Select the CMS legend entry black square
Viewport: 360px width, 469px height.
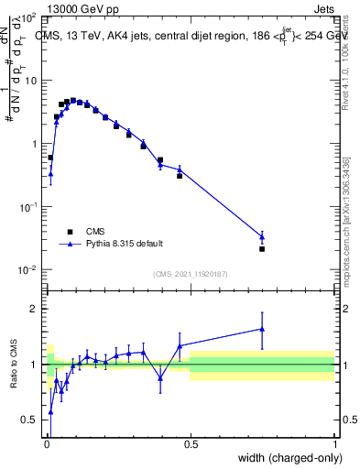[x=69, y=232]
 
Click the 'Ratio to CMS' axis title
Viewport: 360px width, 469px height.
[x=15, y=365]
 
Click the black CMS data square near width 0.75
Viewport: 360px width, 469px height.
[x=262, y=248]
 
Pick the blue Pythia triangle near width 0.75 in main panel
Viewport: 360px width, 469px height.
[x=262, y=236]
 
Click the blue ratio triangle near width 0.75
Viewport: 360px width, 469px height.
[x=262, y=329]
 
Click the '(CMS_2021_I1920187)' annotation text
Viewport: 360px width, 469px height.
[x=190, y=274]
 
